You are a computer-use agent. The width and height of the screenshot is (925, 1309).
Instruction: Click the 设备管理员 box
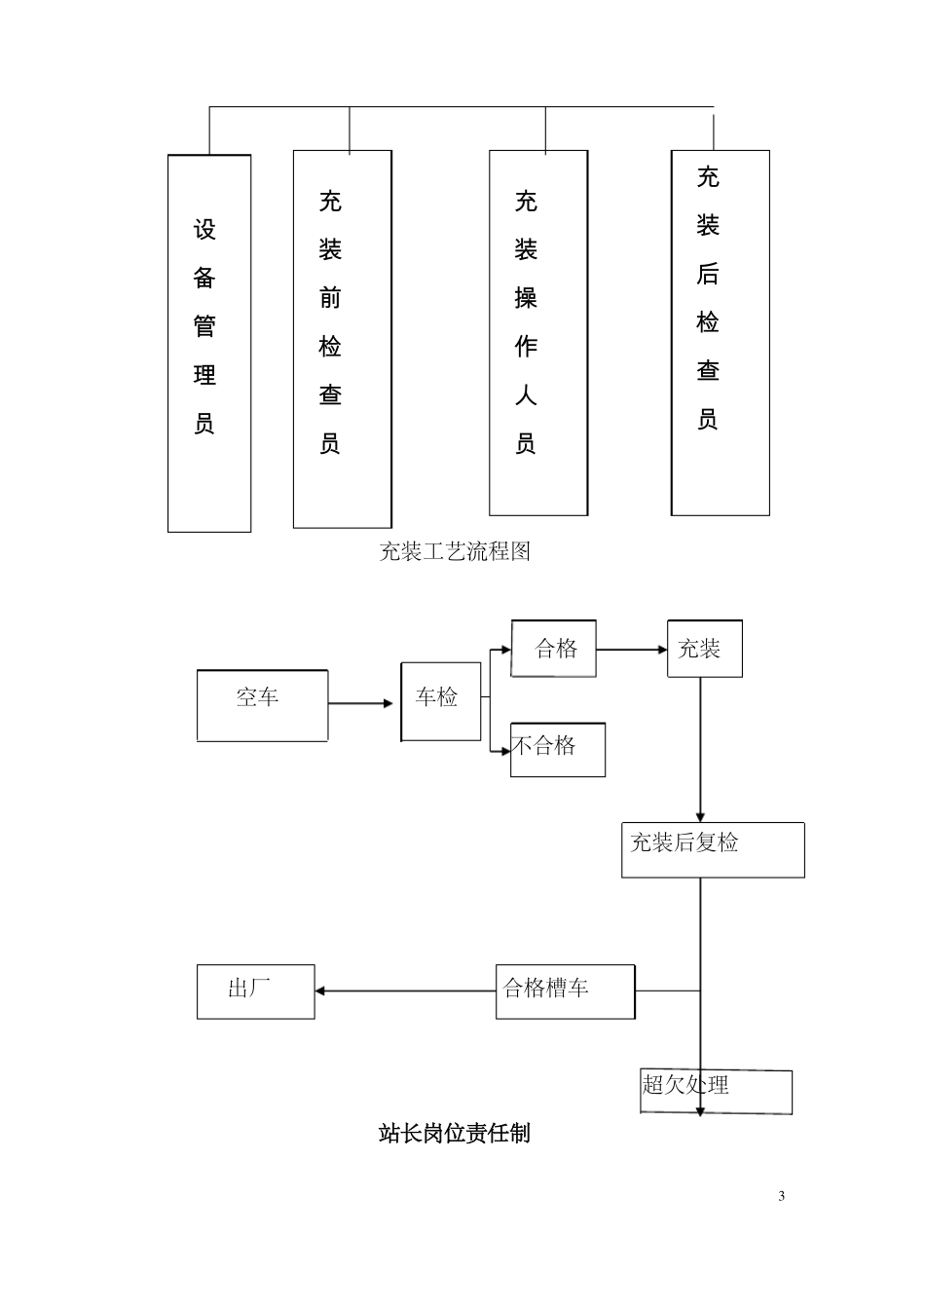click(208, 343)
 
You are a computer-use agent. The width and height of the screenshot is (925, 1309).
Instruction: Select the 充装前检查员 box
click(342, 339)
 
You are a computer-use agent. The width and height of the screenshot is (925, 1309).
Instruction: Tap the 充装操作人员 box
click(537, 332)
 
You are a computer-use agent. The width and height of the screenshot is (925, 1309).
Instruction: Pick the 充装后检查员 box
click(720, 332)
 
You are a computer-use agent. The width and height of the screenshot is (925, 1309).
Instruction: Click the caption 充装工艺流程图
click(455, 552)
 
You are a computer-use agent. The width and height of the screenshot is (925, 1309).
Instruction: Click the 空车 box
click(262, 706)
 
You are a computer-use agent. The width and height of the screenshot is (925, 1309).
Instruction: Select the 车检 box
click(440, 701)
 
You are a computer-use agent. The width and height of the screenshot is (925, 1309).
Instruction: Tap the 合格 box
click(553, 649)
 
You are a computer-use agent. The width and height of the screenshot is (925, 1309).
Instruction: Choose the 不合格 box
click(557, 749)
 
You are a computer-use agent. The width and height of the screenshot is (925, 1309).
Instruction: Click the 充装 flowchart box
click(704, 649)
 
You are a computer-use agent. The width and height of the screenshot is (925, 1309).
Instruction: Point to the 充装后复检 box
click(712, 849)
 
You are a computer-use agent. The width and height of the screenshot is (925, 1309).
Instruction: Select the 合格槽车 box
click(565, 991)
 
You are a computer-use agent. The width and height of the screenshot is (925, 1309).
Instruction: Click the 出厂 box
click(255, 991)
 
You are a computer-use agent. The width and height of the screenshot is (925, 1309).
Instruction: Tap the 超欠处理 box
click(716, 1091)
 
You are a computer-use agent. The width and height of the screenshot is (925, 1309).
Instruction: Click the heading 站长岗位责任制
click(454, 1134)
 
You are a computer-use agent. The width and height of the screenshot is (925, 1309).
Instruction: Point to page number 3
click(781, 1196)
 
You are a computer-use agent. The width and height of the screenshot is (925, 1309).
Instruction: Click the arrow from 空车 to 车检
click(362, 703)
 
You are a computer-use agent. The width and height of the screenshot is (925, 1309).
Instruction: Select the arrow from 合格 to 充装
click(630, 650)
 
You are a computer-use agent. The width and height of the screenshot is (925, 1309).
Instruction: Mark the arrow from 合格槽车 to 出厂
click(404, 991)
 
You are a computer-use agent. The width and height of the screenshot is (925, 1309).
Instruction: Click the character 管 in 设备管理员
click(204, 326)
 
